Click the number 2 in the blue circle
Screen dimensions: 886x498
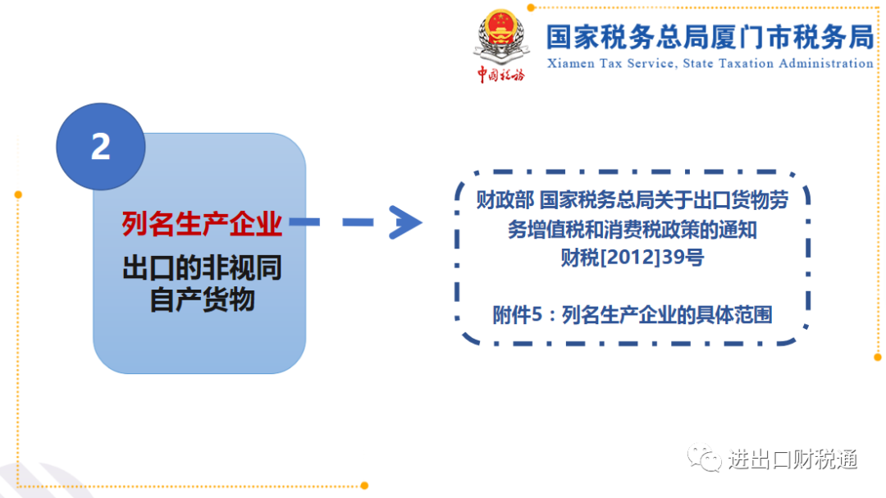click(x=101, y=146)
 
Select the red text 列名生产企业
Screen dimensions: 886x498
click(x=202, y=224)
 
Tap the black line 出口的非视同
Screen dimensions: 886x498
click(x=202, y=268)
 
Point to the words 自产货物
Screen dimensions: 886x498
click(x=202, y=299)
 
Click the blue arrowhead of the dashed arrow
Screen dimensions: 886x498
click(x=405, y=222)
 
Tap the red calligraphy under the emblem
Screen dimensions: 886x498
click(x=500, y=74)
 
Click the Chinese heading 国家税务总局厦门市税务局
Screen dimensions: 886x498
click(x=710, y=37)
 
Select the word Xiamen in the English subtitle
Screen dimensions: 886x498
click(x=571, y=63)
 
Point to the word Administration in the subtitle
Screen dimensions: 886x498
click(x=826, y=63)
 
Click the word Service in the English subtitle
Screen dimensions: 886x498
click(x=651, y=64)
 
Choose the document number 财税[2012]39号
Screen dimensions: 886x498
click(x=633, y=257)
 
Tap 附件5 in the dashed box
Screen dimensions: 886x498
click(x=512, y=315)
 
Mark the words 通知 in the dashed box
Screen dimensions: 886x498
click(x=738, y=230)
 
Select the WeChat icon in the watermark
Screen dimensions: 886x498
click(x=704, y=457)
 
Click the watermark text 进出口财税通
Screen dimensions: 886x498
click(x=792, y=459)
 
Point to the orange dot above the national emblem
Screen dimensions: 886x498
click(x=531, y=7)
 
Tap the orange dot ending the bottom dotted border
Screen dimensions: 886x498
click(x=364, y=486)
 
